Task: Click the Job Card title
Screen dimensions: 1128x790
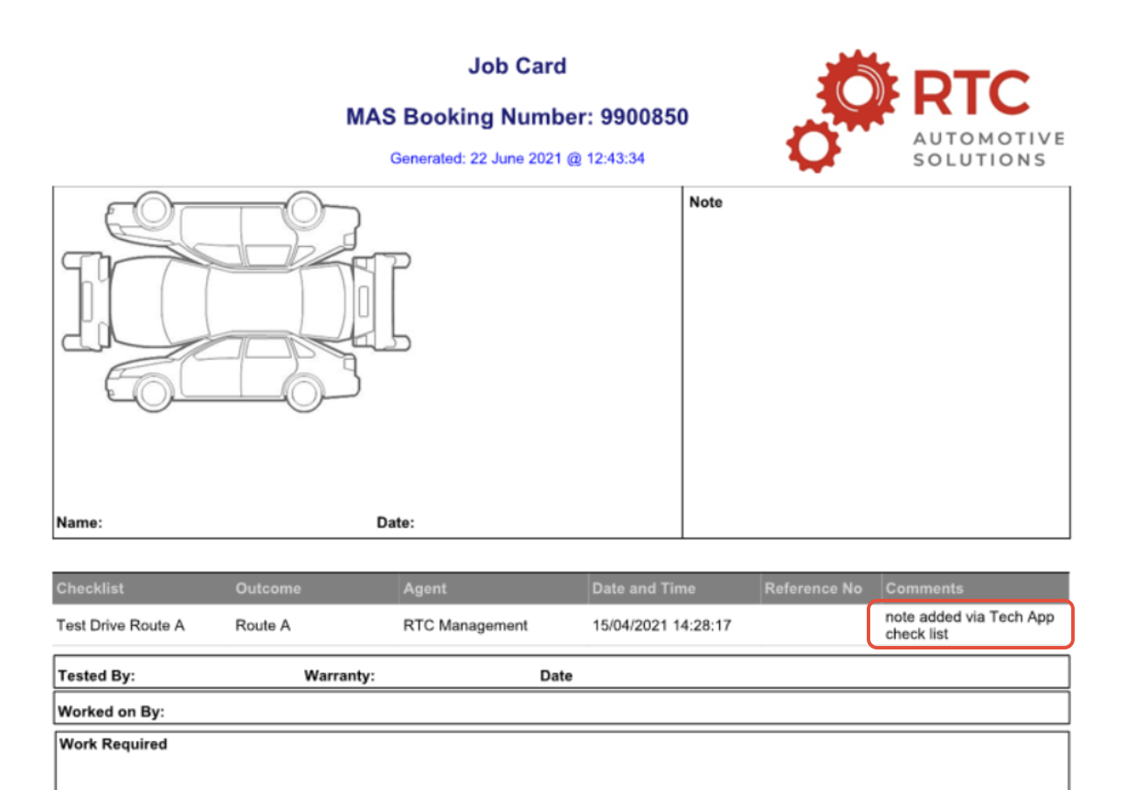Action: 517,66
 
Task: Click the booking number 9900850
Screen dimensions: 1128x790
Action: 644,117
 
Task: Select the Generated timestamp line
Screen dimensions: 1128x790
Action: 517,159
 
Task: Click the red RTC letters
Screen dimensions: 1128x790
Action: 972,93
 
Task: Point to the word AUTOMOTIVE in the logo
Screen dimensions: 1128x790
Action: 989,139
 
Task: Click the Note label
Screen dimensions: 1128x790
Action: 705,203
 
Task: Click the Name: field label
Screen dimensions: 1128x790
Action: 79,523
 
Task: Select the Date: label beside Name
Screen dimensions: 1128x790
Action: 395,523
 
